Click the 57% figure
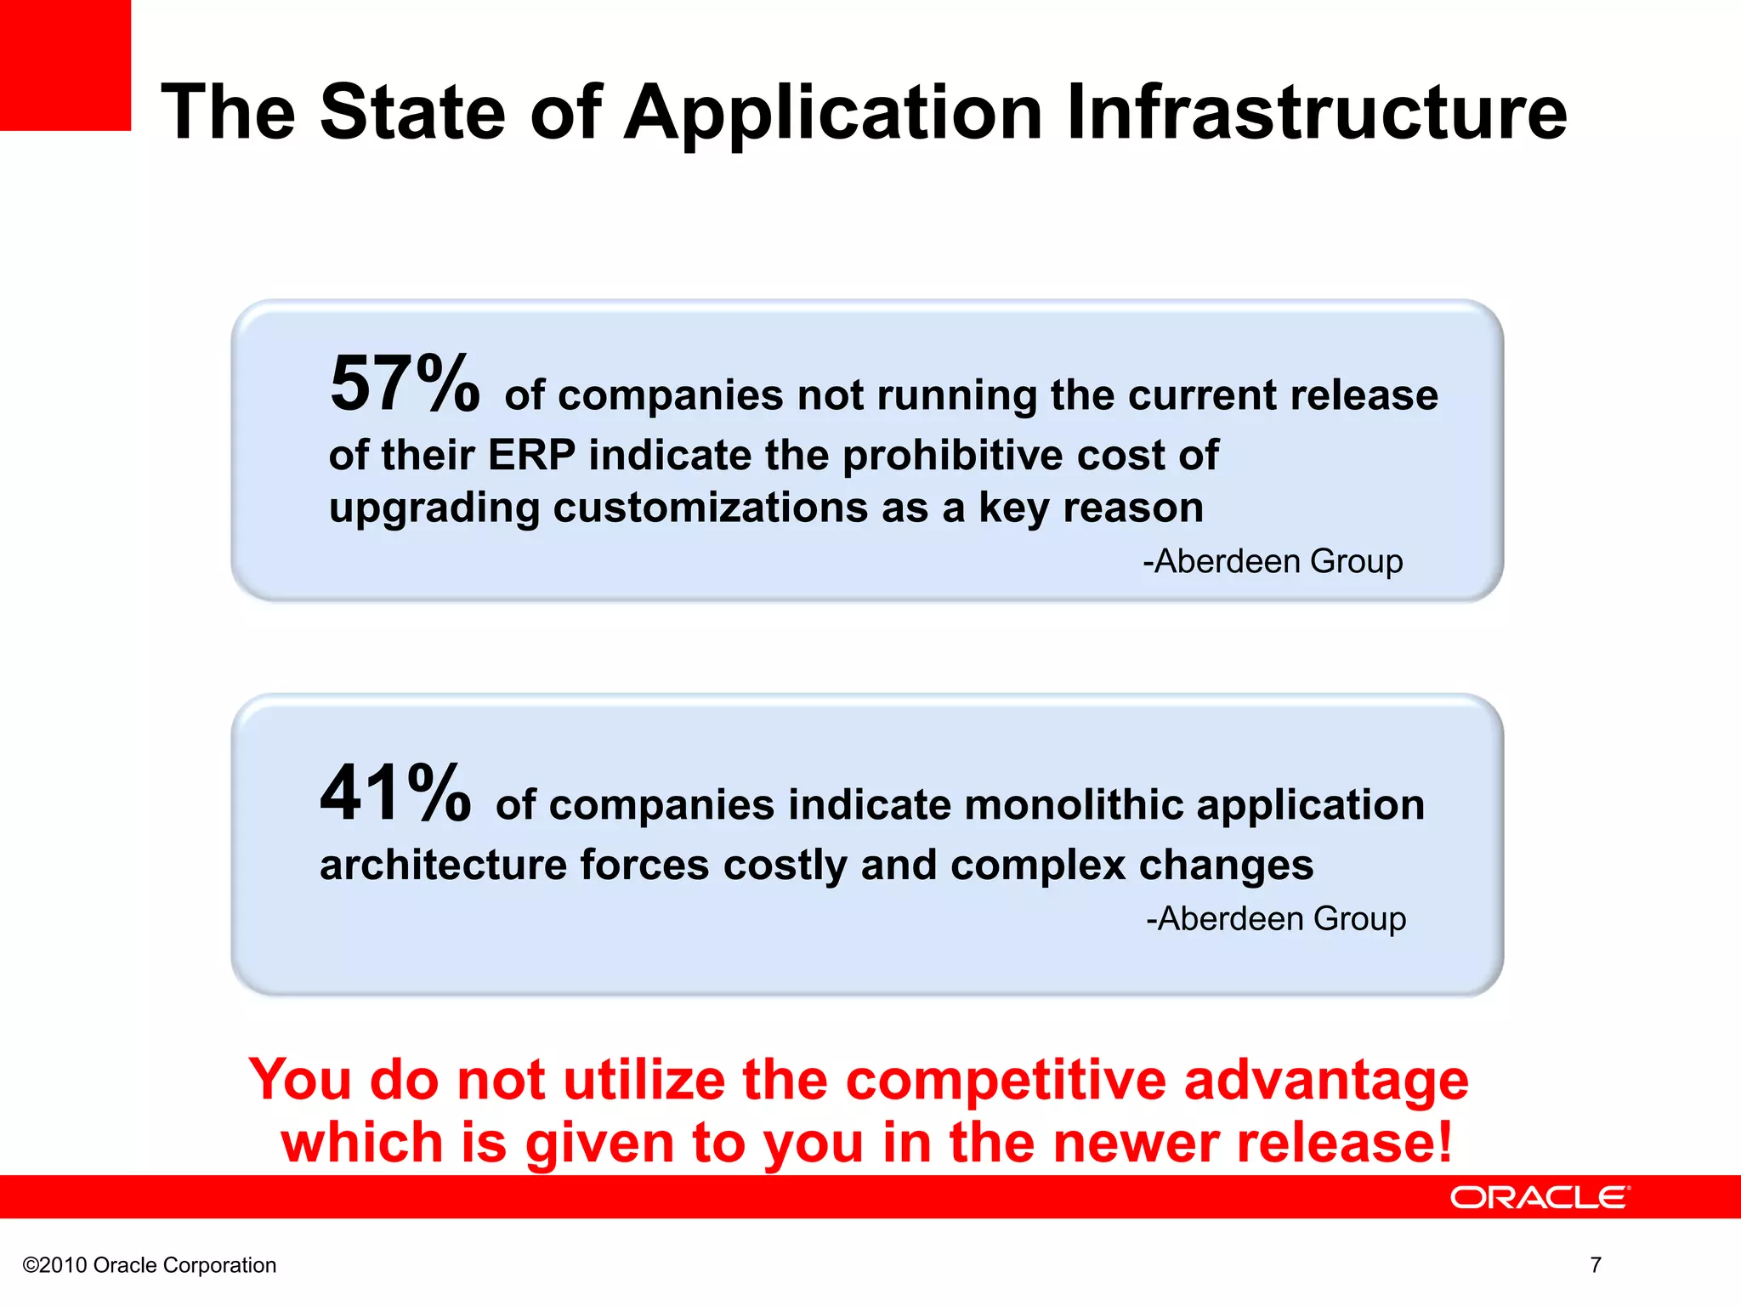pos(404,384)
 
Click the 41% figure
pos(395,793)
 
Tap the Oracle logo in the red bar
pos(1540,1197)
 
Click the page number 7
pos(1596,1265)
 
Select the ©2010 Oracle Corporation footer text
pos(150,1265)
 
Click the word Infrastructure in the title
pos(1315,112)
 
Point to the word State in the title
pos(413,112)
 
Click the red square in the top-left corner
pos(65,65)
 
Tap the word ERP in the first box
pos(531,455)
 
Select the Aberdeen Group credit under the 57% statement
pos(1273,561)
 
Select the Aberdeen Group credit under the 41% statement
pos(1276,919)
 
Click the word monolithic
pos(1073,804)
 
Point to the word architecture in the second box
pos(443,866)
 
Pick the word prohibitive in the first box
pos(953,455)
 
